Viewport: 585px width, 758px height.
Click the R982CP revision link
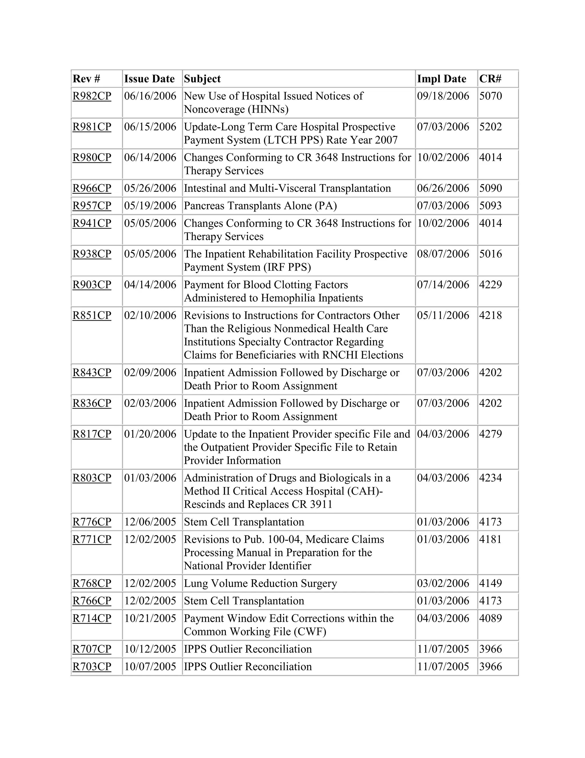(x=92, y=96)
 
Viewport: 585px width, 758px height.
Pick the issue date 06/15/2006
(x=150, y=127)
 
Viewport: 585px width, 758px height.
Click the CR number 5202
(x=490, y=127)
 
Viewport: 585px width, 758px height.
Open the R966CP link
(x=92, y=188)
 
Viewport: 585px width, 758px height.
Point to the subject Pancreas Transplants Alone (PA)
(x=260, y=206)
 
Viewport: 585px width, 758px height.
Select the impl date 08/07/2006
(x=443, y=254)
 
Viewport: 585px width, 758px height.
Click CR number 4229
(x=490, y=285)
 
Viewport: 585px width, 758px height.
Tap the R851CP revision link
(x=92, y=315)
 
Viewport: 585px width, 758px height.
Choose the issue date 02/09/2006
(x=150, y=372)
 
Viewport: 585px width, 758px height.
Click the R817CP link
(x=92, y=434)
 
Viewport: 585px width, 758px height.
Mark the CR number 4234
(x=490, y=478)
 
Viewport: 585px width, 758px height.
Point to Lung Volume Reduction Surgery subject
(x=260, y=584)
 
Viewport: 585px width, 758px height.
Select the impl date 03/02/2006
(x=443, y=584)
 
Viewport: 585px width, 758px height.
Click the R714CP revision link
(x=92, y=618)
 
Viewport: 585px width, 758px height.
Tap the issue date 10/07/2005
(x=150, y=667)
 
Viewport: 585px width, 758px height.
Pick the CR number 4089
(x=490, y=618)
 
